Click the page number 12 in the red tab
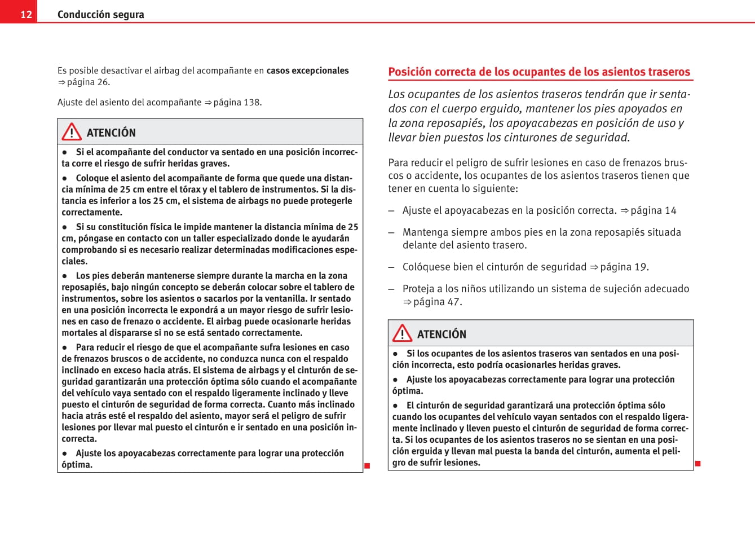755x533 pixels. [26, 15]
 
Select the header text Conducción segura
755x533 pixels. [100, 15]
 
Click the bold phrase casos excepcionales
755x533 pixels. [307, 71]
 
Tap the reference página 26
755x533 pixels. [88, 82]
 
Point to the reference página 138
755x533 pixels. [237, 103]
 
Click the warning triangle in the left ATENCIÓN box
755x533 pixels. [72, 132]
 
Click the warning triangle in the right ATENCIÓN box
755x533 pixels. [402, 333]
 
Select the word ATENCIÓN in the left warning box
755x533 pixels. [111, 133]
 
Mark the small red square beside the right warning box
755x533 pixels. [697, 464]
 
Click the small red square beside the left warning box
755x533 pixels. [367, 466]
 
